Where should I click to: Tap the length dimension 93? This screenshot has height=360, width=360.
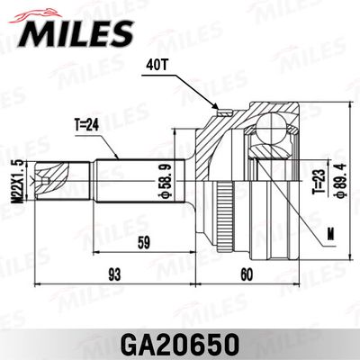pyautogui.click(x=112, y=273)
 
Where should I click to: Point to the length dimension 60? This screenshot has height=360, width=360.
pyautogui.click(x=247, y=273)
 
